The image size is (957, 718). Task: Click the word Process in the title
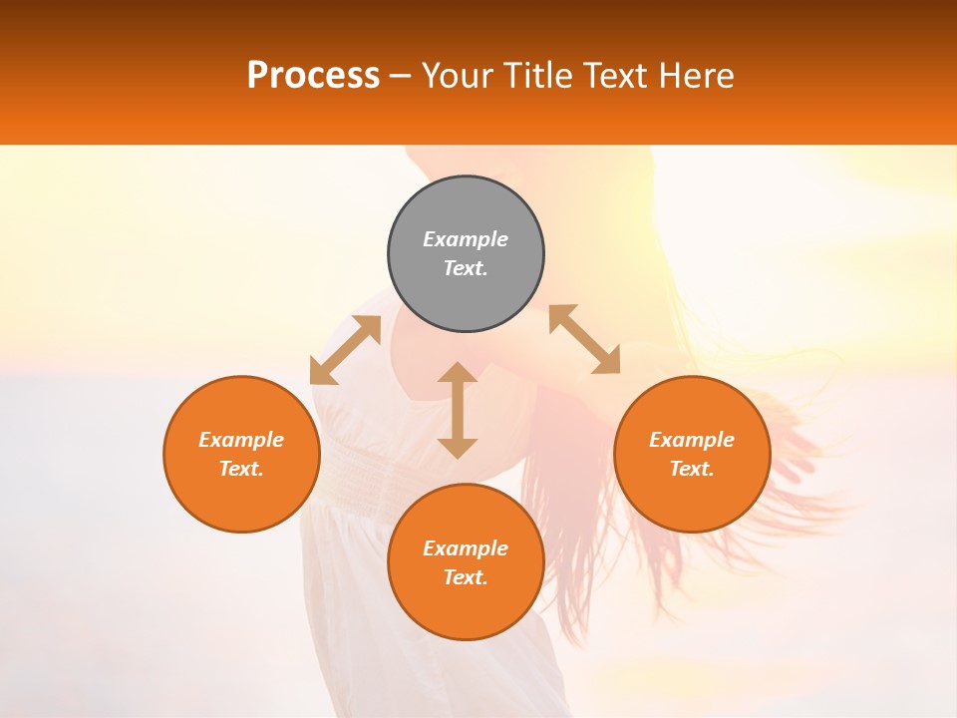pos(313,76)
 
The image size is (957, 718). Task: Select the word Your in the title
pos(462,76)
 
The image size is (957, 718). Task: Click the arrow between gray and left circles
pos(345,350)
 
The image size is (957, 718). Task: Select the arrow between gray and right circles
pos(585,339)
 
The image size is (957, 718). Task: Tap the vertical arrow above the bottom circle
pos(458,410)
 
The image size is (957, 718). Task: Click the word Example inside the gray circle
pos(466,239)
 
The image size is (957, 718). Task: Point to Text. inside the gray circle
pos(466,268)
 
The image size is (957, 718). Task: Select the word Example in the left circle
pos(241,440)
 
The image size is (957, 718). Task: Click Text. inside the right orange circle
pos(692,469)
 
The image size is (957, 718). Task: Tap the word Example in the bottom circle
pos(466,548)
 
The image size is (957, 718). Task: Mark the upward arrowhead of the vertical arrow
pos(458,374)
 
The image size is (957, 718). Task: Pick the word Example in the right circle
pos(692,440)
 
